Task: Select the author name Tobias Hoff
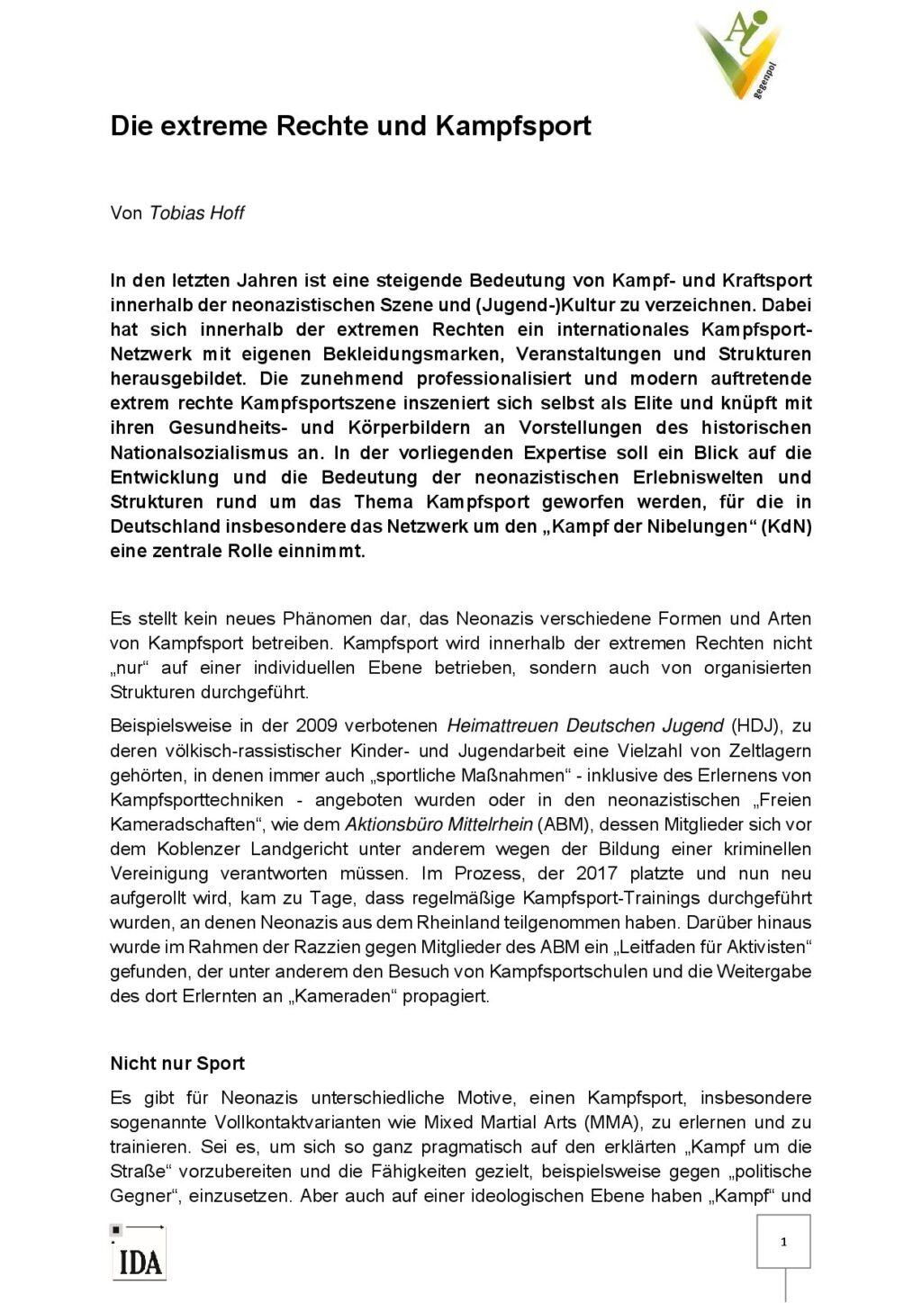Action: click(196, 213)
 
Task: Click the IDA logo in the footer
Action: click(140, 1256)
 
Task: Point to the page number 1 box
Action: click(783, 1242)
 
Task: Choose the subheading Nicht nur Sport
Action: click(177, 1064)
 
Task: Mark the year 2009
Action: click(316, 726)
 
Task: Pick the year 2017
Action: click(596, 874)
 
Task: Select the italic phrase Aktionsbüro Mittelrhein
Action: click(439, 824)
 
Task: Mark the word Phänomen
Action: click(321, 619)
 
